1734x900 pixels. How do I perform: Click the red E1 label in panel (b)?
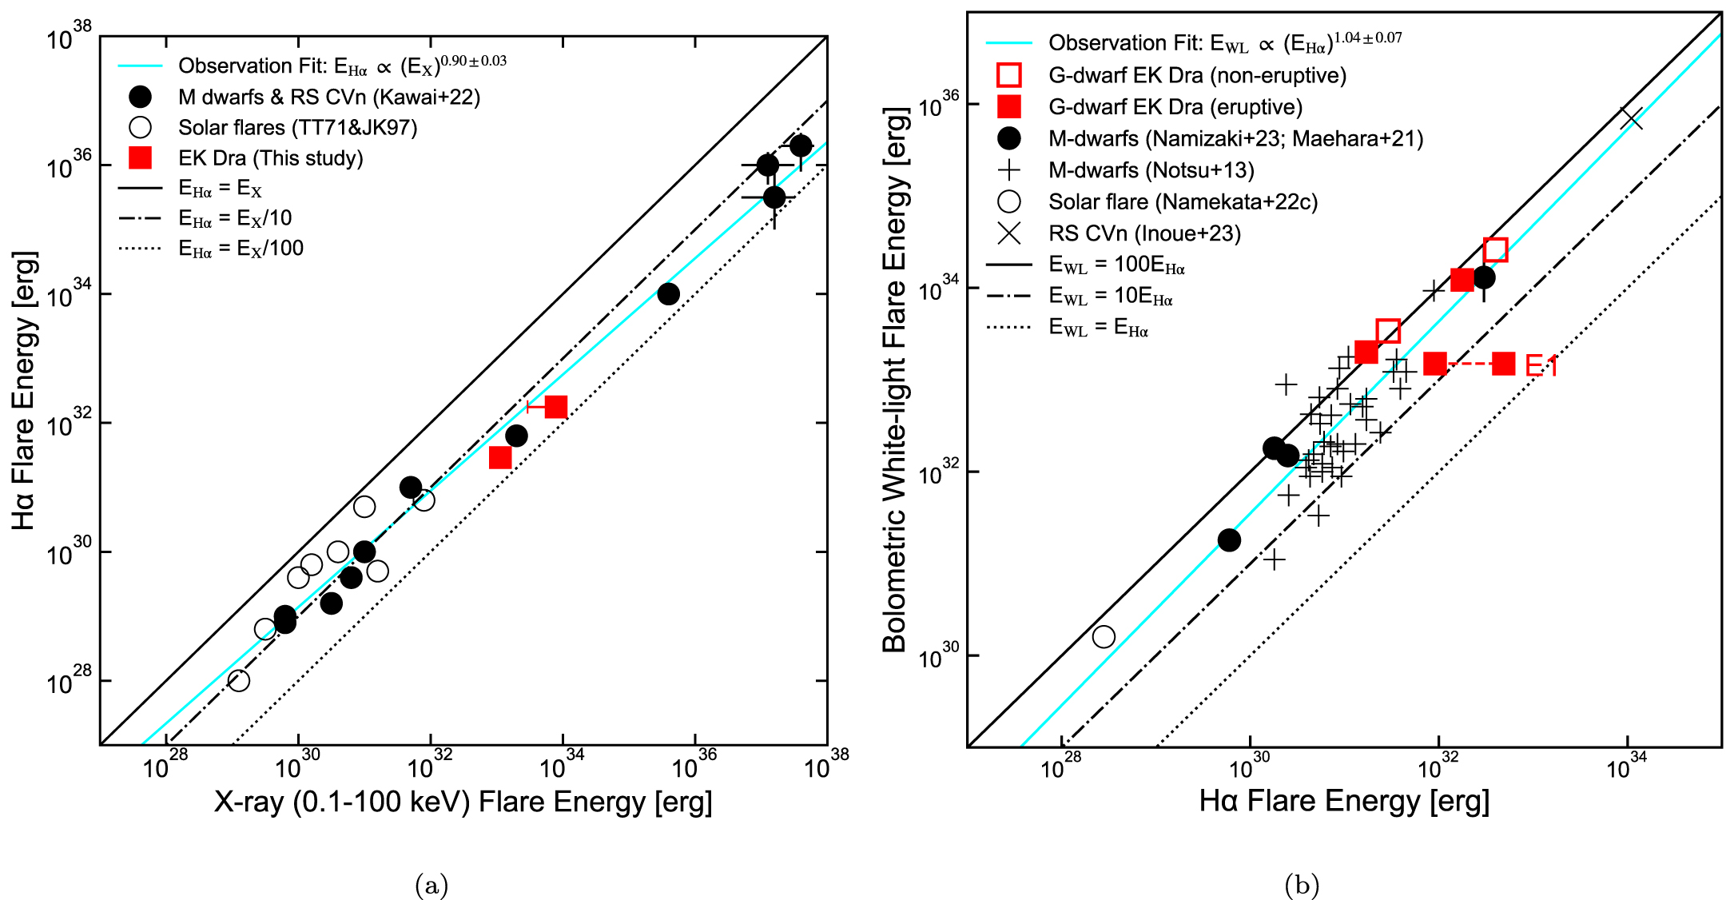pos(1541,366)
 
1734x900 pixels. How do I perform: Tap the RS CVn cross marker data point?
pos(1631,118)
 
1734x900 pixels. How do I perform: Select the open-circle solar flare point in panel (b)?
pos(1104,636)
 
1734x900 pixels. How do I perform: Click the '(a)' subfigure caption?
pos(432,885)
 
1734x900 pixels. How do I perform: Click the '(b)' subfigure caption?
pos(1302,885)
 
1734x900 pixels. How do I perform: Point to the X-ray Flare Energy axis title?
pos(463,802)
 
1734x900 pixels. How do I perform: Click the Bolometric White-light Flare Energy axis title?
pos(895,380)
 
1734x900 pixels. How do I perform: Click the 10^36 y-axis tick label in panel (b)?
pos(938,104)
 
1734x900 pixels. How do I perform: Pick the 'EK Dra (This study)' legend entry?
pos(270,158)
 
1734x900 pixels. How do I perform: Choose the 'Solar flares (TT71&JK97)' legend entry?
pos(297,128)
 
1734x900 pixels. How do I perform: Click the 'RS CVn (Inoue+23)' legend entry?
pos(1144,233)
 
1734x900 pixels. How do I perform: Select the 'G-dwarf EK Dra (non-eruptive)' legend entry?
pos(1197,75)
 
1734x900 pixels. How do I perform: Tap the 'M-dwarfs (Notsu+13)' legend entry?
pos(1151,170)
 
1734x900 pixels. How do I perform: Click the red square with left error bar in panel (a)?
pos(555,407)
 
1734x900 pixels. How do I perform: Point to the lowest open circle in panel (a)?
pos(238,680)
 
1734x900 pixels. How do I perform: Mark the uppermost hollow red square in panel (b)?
pos(1495,249)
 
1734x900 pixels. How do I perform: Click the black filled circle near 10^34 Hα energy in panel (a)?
pos(669,294)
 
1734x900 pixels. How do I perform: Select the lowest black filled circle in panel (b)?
pos(1229,540)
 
